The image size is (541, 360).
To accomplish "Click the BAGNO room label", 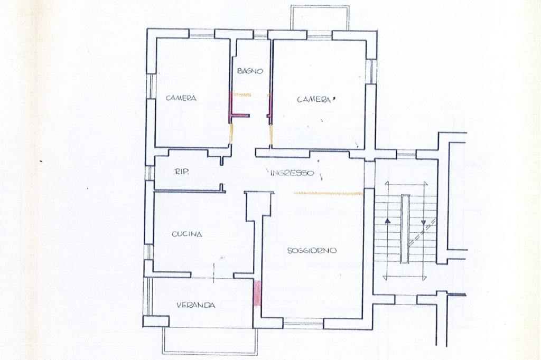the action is point(250,71).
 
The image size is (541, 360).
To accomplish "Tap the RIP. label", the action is point(182,172).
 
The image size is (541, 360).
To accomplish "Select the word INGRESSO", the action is point(292,173).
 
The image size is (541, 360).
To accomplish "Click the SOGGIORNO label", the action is point(312,251).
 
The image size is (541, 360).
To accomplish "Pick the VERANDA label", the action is point(196,305).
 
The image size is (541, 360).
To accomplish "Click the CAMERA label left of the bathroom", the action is point(181,98).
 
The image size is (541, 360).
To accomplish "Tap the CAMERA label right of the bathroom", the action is point(314,100).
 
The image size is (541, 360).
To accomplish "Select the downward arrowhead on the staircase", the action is point(424,221).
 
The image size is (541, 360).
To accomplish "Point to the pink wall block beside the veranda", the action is point(257,293).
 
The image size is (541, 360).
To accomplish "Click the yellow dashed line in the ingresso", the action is point(327,193).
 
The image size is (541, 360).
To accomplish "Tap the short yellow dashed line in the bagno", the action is point(242,94).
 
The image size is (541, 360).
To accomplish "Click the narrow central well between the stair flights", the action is point(405,229).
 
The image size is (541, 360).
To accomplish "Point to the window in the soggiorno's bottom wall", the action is point(303,324).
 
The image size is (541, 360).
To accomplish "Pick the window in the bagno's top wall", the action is point(261,35).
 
